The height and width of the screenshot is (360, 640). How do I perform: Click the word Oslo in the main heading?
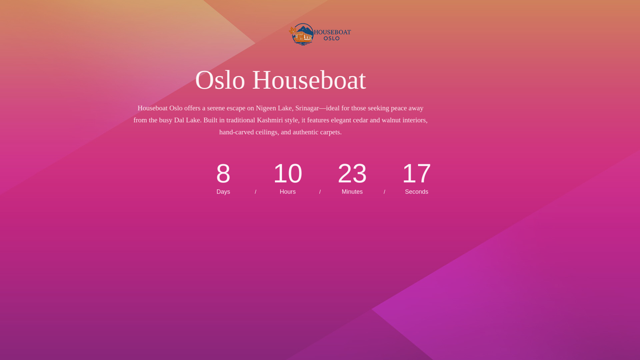[220, 80]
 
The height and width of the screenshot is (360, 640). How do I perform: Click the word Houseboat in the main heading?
[309, 80]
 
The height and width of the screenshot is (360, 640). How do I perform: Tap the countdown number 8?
[223, 173]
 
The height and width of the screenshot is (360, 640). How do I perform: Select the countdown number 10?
[288, 173]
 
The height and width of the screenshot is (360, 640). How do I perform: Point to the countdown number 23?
[352, 173]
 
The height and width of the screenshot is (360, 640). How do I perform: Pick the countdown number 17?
[417, 173]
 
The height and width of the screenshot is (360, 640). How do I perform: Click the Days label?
[223, 192]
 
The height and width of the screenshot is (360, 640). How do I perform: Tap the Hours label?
[288, 192]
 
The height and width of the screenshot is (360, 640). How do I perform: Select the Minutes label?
[352, 192]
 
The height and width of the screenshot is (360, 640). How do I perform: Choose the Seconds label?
[417, 192]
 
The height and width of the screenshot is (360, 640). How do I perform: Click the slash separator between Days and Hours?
[256, 192]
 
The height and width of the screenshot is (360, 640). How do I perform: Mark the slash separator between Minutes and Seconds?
[384, 192]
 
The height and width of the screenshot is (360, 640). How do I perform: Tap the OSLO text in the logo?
[332, 38]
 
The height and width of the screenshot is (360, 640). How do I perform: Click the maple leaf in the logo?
[292, 31]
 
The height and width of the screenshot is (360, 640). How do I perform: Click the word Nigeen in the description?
[266, 108]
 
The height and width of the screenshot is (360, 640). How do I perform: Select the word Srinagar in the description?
[307, 108]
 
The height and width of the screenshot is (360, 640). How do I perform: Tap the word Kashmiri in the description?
[270, 120]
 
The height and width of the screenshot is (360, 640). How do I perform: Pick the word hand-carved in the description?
[236, 132]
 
